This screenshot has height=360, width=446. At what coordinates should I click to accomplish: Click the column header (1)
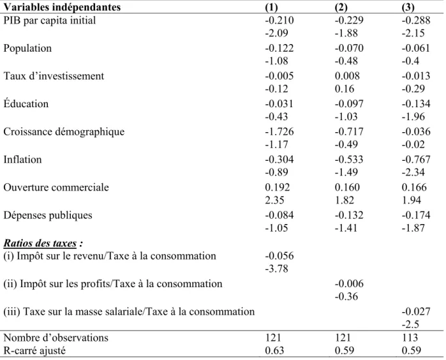271,7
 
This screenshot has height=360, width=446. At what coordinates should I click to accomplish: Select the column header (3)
408,7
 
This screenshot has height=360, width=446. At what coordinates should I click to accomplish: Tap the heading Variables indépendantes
62,7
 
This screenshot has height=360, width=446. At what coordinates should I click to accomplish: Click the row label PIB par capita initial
50,20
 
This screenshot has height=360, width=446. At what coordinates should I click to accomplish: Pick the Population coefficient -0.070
349,48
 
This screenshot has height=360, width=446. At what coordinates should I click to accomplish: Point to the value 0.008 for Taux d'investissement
347,76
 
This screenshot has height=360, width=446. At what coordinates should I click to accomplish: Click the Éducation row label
26,103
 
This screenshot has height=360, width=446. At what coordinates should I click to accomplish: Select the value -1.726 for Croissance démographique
279,131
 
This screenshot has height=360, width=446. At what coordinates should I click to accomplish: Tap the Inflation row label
22,160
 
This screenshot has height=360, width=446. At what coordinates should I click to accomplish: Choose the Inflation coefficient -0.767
416,160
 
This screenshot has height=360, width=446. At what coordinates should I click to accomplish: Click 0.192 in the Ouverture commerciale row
278,187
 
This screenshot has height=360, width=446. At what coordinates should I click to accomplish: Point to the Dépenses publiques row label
48,216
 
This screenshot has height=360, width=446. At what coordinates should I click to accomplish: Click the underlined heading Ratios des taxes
40,243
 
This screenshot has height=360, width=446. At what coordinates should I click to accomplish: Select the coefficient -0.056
279,256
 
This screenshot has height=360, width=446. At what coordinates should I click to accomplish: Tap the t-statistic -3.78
276,269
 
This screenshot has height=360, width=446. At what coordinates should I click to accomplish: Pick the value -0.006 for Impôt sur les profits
349,284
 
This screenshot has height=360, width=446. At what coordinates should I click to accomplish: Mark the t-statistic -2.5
410,324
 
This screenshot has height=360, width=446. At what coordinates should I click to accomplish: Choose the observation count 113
410,338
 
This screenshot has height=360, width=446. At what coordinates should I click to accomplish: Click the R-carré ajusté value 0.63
274,350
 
